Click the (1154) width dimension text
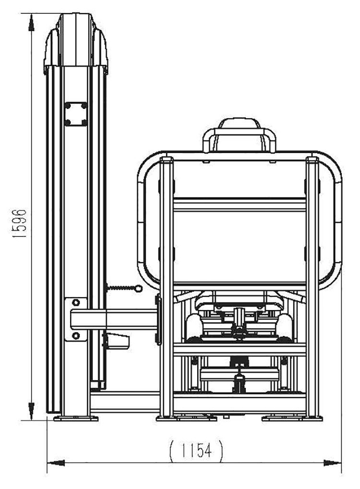[196, 451]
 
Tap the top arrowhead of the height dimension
[31, 23]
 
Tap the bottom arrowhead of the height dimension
[31, 411]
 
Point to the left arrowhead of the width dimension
[56, 463]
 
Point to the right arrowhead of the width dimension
[333, 463]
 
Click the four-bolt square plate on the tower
[76, 114]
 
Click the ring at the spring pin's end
[138, 289]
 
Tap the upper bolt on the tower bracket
[76, 302]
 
